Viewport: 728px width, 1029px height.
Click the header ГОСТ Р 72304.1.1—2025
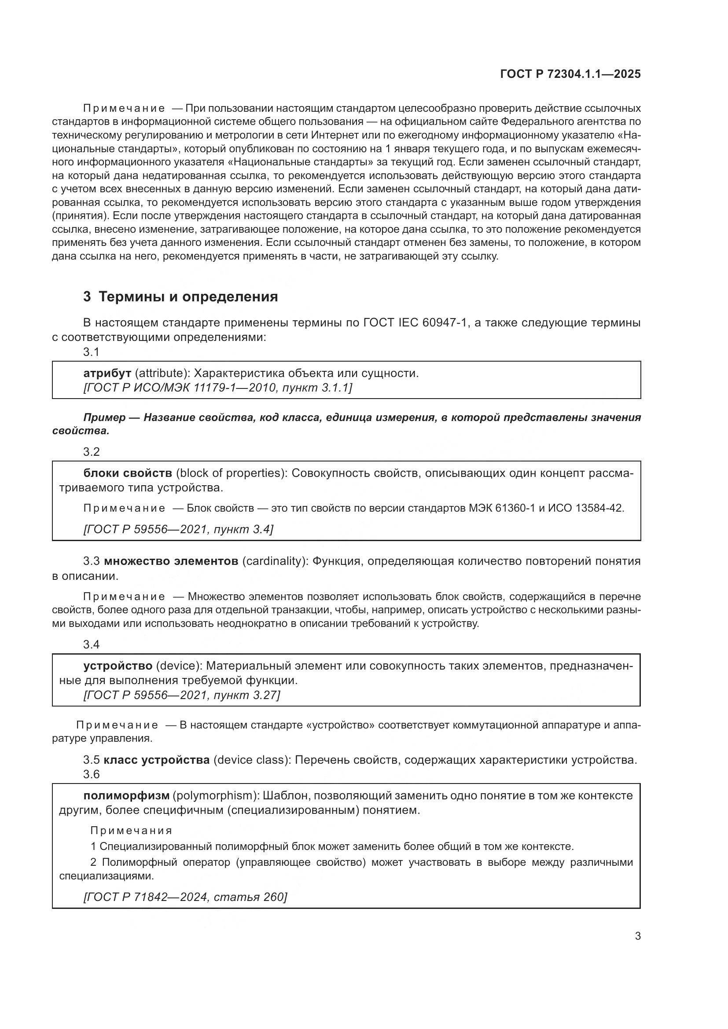coord(570,74)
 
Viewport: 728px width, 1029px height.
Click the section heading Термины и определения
coord(188,297)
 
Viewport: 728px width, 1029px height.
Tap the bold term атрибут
coord(107,374)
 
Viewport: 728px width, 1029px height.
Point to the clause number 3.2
coord(91,452)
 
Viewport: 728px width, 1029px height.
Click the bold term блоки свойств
coord(128,473)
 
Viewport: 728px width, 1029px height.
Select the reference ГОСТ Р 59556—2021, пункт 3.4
coord(178,529)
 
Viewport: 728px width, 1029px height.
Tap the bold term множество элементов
coord(171,561)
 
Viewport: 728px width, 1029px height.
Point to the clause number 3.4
coord(91,644)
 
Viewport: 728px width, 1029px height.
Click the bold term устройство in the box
coord(118,666)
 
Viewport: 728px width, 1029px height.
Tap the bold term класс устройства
coord(156,760)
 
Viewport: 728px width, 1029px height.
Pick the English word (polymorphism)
coord(216,795)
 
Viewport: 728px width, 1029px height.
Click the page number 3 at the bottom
coord(638,936)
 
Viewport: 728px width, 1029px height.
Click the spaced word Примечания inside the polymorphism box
coord(131,831)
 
